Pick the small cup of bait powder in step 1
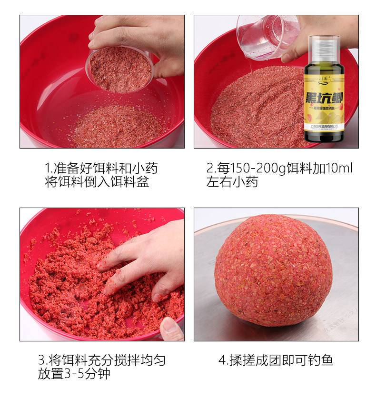point(120,69)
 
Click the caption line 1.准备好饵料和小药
point(101,169)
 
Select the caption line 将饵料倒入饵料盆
point(97,182)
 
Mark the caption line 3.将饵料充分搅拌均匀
point(102,360)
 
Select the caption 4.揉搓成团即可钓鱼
point(276,360)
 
